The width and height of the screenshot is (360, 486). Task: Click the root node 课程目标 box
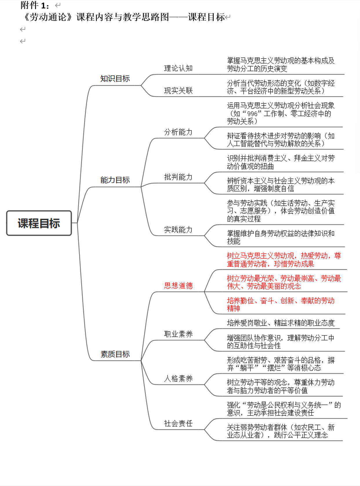(x=39, y=223)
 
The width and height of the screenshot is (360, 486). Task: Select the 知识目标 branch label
(x=115, y=79)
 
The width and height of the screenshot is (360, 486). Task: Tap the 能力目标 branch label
(x=115, y=180)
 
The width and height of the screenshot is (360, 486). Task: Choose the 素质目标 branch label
(x=115, y=354)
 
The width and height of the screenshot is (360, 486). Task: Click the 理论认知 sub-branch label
(x=178, y=68)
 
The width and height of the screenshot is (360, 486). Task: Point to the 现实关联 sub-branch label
(x=178, y=91)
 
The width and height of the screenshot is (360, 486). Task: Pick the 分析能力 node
(x=178, y=132)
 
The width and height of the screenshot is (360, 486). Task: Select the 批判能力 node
(x=178, y=177)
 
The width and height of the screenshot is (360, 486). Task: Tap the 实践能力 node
(x=178, y=230)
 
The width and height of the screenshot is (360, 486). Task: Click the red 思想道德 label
(x=178, y=286)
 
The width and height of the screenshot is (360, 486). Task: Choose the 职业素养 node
(x=178, y=334)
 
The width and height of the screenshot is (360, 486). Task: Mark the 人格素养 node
(x=178, y=379)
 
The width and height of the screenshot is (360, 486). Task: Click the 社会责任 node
(x=178, y=424)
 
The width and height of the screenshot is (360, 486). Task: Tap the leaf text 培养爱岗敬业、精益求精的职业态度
(x=281, y=323)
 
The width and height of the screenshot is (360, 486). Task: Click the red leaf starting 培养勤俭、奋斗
(x=281, y=304)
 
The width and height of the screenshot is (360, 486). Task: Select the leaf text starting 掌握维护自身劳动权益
(x=281, y=237)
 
